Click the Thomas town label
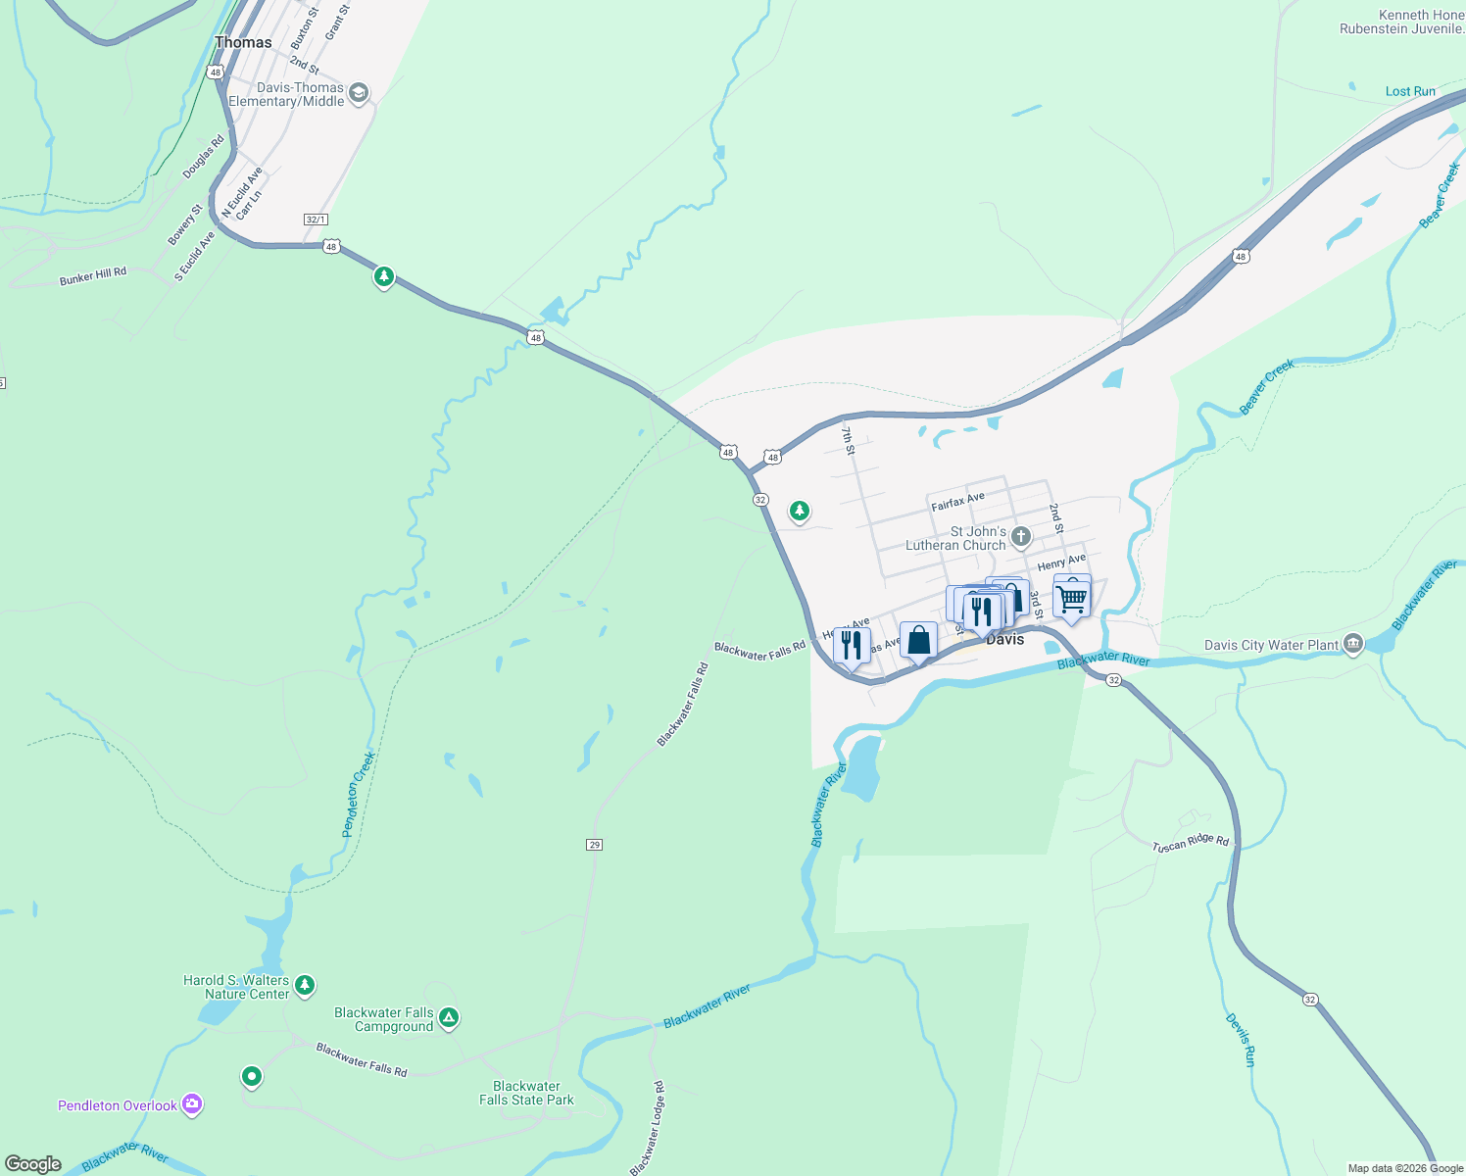[243, 42]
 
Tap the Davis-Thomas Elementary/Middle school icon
[359, 93]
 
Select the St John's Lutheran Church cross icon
[1021, 536]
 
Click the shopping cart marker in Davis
[1072, 597]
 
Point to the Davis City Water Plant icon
[1353, 644]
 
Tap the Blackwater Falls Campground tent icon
[449, 1018]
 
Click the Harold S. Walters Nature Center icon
[305, 985]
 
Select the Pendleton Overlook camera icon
[192, 1104]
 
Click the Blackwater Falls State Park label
[526, 1093]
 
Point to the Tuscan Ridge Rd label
[1190, 843]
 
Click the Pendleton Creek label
[358, 794]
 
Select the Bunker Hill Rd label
[93, 277]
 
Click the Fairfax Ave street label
[957, 502]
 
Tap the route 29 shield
[594, 845]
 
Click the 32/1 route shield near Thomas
[316, 220]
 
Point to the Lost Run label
[1410, 91]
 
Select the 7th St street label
[848, 440]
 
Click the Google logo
[33, 1163]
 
